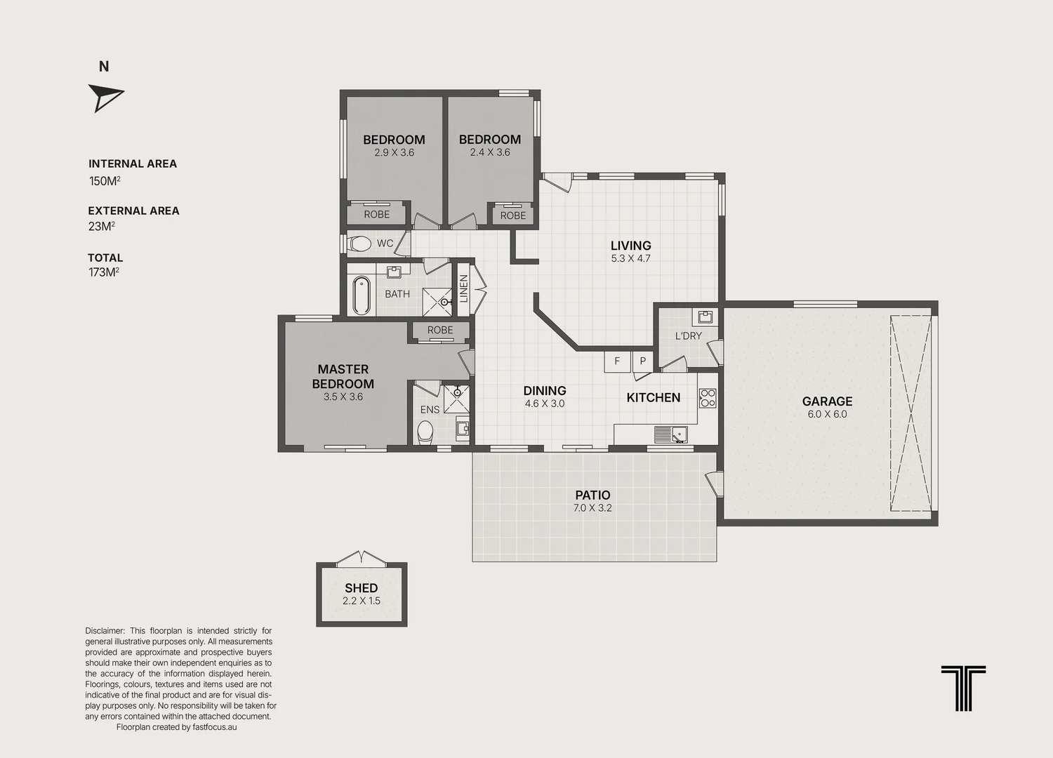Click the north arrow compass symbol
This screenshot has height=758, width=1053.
click(105, 98)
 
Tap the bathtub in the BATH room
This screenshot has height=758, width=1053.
click(362, 295)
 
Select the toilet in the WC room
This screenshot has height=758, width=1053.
click(359, 244)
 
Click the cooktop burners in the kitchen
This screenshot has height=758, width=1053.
click(708, 397)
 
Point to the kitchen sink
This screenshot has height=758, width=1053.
click(671, 434)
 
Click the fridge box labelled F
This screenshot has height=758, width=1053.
click(617, 362)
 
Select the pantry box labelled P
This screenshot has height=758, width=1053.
click(642, 362)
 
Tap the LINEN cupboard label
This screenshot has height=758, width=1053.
click(463, 288)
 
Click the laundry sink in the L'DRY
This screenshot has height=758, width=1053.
click(705, 317)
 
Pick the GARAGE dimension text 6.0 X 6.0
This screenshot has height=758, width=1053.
click(828, 414)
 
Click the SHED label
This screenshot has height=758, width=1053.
click(361, 588)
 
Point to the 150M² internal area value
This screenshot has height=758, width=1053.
click(105, 180)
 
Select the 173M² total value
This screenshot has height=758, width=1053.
click(104, 272)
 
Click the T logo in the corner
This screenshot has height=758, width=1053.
click(963, 688)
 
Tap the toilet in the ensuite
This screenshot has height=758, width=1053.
click(425, 432)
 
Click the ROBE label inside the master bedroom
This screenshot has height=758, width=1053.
click(440, 330)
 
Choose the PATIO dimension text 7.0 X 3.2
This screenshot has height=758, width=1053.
click(592, 507)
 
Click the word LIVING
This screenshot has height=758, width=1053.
click(631, 246)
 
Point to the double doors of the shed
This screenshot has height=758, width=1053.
click(362, 558)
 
